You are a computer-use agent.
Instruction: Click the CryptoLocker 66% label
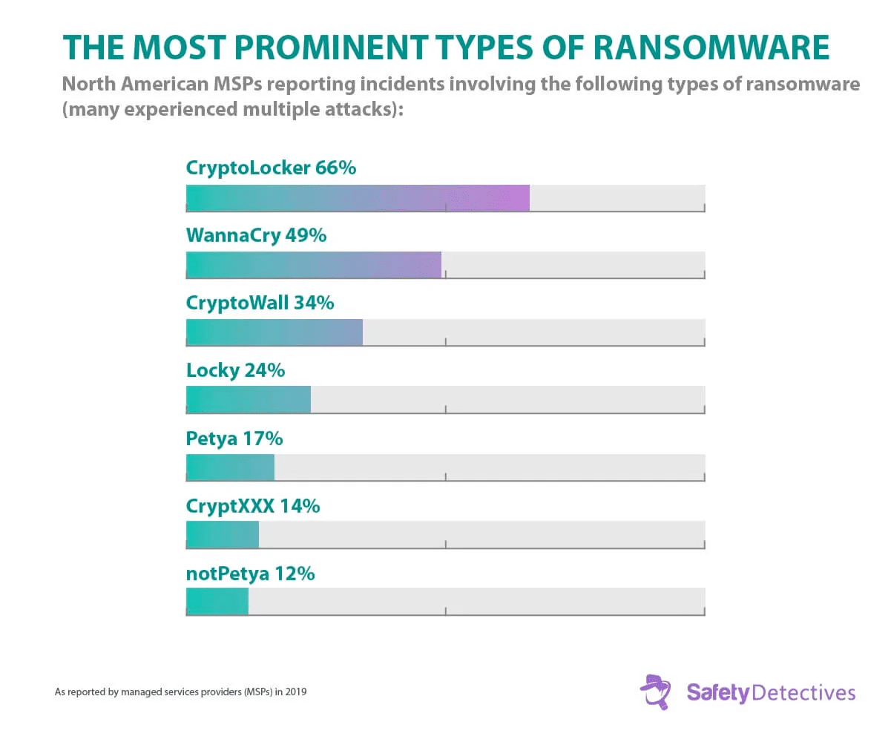[271, 168]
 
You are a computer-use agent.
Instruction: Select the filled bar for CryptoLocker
[358, 198]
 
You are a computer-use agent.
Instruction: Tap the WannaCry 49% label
[256, 235]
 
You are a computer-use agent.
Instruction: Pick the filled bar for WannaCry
[313, 265]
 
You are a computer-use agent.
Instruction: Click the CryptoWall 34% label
[260, 303]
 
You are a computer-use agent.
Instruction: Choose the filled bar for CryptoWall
[274, 332]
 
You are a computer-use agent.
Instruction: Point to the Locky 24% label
[235, 370]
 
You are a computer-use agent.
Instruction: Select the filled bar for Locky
[248, 400]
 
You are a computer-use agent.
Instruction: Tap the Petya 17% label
[234, 438]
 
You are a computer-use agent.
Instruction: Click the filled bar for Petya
[230, 467]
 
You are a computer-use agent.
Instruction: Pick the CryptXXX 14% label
[252, 506]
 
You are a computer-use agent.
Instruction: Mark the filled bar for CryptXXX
[222, 535]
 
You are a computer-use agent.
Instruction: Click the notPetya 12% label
[250, 574]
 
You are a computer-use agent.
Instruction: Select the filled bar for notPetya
[217, 602]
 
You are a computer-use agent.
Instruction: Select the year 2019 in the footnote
[296, 692]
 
